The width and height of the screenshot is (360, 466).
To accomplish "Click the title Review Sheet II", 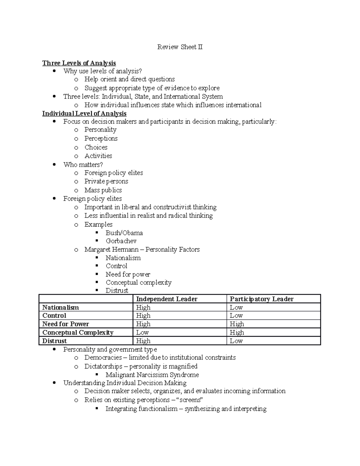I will [x=180, y=47].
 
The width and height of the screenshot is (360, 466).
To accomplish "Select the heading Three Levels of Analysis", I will [x=79, y=63].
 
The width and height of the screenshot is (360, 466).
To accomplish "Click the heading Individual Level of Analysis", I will [x=84, y=113].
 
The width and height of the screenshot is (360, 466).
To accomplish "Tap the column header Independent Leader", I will [x=167, y=299].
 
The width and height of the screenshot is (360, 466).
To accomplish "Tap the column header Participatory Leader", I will [x=262, y=299].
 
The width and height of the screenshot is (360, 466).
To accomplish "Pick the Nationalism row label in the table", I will [x=61, y=307].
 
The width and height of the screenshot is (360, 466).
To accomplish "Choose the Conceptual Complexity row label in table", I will [x=78, y=332].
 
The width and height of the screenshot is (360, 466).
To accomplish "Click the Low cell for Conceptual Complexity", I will [x=142, y=332].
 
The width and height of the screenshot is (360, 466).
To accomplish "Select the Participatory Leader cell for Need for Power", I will [x=237, y=324].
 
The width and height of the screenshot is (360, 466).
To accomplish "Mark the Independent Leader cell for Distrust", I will [x=143, y=341].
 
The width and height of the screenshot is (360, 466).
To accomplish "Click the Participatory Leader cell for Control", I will [x=236, y=316].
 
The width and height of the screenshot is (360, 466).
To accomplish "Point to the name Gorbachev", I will [x=121, y=241].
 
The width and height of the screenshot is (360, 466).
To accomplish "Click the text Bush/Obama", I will [x=124, y=233].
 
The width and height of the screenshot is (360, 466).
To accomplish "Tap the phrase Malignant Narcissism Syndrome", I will [x=152, y=375].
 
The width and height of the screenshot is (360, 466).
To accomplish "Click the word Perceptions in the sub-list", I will [x=101, y=138].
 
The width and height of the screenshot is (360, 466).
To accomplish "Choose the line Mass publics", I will [x=103, y=190].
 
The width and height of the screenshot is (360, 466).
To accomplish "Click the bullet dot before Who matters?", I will [x=54, y=164].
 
